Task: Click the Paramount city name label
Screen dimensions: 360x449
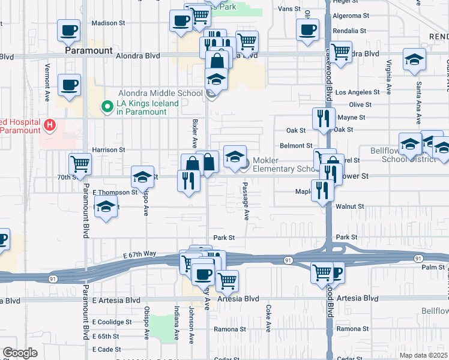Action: pos(88,51)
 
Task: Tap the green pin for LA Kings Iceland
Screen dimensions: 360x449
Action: pos(107,107)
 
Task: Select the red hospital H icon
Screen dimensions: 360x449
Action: pos(50,125)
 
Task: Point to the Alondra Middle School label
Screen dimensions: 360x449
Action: pos(160,93)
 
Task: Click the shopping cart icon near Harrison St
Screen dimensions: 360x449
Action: pos(80,163)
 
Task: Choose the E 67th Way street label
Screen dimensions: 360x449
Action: pos(139,254)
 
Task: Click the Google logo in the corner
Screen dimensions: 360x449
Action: pos(20,352)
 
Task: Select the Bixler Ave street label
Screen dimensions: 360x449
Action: pos(194,133)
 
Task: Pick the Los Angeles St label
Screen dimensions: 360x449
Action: pos(358,92)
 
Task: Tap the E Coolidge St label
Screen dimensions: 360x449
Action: pos(112,322)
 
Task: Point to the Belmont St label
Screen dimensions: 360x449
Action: pos(296,145)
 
